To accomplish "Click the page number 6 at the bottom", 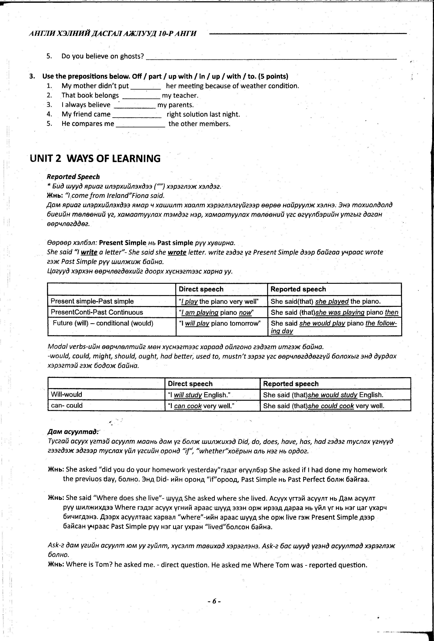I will click(x=214, y=601).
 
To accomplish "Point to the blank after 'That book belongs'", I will click(x=141, y=96).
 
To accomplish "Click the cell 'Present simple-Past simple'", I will click(x=92, y=301).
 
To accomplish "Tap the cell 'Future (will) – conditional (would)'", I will click(x=103, y=323).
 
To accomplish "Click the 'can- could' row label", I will click(x=67, y=405).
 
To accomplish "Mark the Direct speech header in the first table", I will click(x=201, y=289).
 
